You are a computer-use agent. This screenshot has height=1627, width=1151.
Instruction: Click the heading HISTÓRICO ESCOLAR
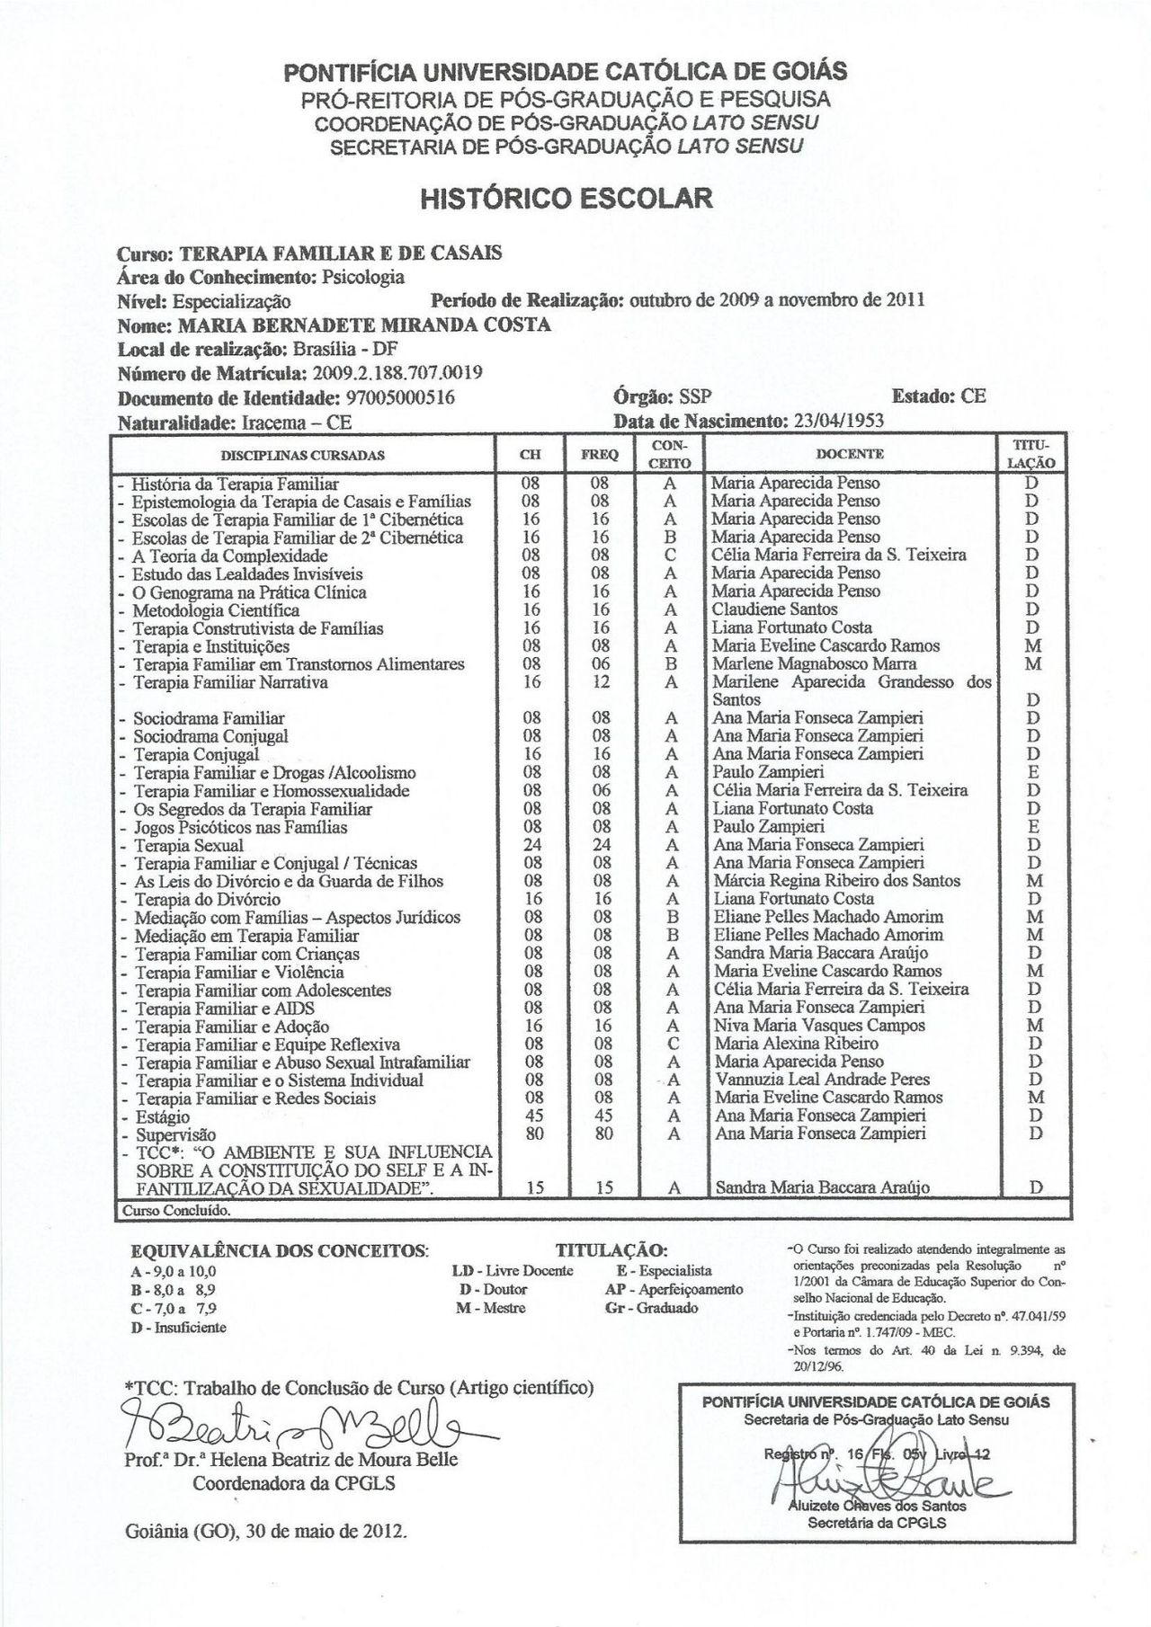tap(566, 198)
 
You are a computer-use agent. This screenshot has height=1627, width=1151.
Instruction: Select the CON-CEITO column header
tap(670, 454)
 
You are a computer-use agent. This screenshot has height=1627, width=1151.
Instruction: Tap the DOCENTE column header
tap(850, 454)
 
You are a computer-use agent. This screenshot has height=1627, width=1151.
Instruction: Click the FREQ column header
tap(600, 455)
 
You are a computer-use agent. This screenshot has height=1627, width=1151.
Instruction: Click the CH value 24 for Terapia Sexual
tap(531, 845)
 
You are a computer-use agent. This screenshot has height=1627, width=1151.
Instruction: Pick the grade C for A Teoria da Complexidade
tap(670, 556)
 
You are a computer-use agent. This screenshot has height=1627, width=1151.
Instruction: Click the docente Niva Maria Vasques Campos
tap(819, 1026)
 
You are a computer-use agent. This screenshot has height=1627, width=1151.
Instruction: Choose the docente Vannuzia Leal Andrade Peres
tap(822, 1080)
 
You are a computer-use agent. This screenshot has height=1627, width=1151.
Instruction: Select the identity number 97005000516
tap(400, 397)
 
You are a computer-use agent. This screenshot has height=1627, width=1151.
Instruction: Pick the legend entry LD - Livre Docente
tap(512, 1271)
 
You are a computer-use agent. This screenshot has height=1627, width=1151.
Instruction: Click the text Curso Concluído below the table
tap(176, 1210)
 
